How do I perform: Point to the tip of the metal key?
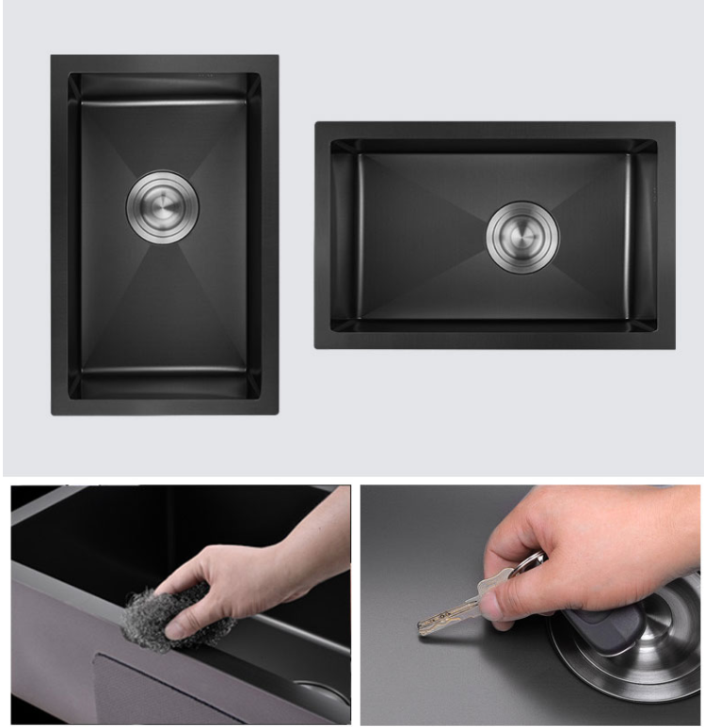click(x=422, y=628)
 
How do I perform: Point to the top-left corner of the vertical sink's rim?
click(x=53, y=56)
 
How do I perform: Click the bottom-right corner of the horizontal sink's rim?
click(x=674, y=348)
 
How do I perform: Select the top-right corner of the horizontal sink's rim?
click(x=674, y=123)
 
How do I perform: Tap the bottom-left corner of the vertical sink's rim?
click(x=53, y=413)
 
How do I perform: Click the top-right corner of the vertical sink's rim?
click(x=278, y=56)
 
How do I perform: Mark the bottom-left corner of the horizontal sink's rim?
click(x=316, y=348)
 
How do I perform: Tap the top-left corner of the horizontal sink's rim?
click(x=316, y=123)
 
